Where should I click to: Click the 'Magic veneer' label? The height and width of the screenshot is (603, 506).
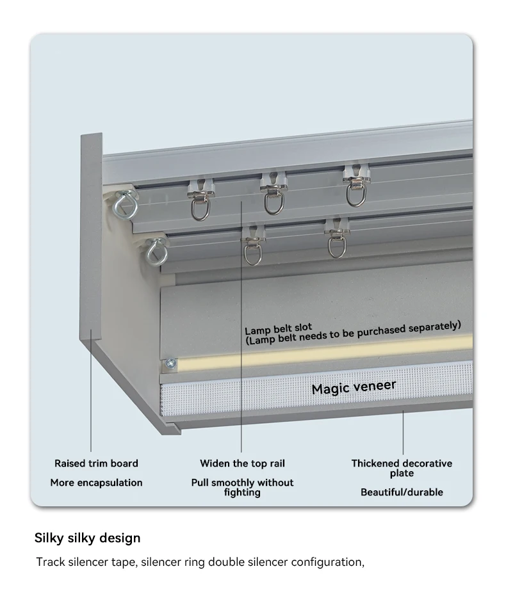pyautogui.click(x=354, y=387)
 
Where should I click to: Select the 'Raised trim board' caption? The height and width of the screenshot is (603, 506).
pyautogui.click(x=96, y=463)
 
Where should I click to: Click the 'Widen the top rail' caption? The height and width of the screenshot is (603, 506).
pyautogui.click(x=242, y=463)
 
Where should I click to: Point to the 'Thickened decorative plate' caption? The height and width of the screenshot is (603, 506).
pyautogui.click(x=402, y=468)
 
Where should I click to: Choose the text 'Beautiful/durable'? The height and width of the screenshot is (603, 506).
pyautogui.click(x=402, y=492)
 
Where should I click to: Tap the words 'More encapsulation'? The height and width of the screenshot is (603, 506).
pyautogui.click(x=96, y=483)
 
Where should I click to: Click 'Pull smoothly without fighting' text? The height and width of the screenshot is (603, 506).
pyautogui.click(x=242, y=487)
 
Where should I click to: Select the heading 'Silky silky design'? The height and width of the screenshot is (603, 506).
pyautogui.click(x=87, y=537)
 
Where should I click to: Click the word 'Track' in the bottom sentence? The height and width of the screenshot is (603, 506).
pyautogui.click(x=50, y=562)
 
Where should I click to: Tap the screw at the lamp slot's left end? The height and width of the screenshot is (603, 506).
pyautogui.click(x=170, y=364)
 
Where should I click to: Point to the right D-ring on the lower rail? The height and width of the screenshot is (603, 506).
pyautogui.click(x=336, y=245)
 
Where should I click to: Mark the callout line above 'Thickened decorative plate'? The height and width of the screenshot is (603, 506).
pyautogui.click(x=403, y=432)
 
